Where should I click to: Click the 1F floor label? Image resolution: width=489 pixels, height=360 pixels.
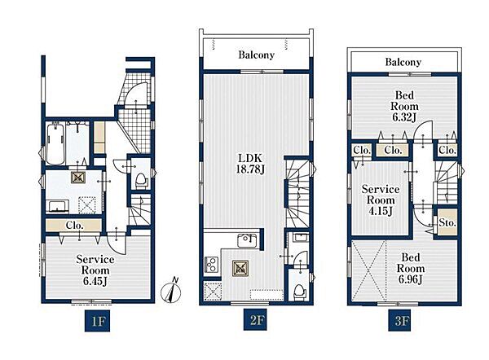coord(98,320)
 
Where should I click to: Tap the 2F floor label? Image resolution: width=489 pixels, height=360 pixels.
coord(256,320)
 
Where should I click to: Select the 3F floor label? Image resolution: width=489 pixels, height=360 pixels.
coord(401,320)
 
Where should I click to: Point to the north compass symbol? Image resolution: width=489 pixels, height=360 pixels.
coord(170,290)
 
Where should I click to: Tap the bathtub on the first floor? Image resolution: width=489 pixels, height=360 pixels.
coord(55,143)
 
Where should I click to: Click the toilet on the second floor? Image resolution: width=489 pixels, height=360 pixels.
coord(299,292)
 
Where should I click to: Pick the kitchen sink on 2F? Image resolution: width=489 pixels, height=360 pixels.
coord(247,240)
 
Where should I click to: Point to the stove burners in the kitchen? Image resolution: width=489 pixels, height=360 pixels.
coord(211,264)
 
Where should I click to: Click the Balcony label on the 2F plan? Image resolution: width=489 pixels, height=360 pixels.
coord(257,55)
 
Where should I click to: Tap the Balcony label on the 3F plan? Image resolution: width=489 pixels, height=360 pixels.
coord(403,62)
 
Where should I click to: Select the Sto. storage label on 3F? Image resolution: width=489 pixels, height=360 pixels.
coord(447,223)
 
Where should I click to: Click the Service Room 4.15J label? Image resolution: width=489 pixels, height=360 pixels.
coord(381,200)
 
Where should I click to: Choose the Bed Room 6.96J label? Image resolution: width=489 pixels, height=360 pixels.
coord(411,268)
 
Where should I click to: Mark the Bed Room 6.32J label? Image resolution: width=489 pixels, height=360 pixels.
coord(404,106)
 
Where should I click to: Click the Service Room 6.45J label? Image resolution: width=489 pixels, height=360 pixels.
coord(95,270)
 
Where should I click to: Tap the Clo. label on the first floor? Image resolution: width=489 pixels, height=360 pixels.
coord(74,225)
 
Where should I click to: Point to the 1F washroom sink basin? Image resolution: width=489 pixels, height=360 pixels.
coord(57,206)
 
